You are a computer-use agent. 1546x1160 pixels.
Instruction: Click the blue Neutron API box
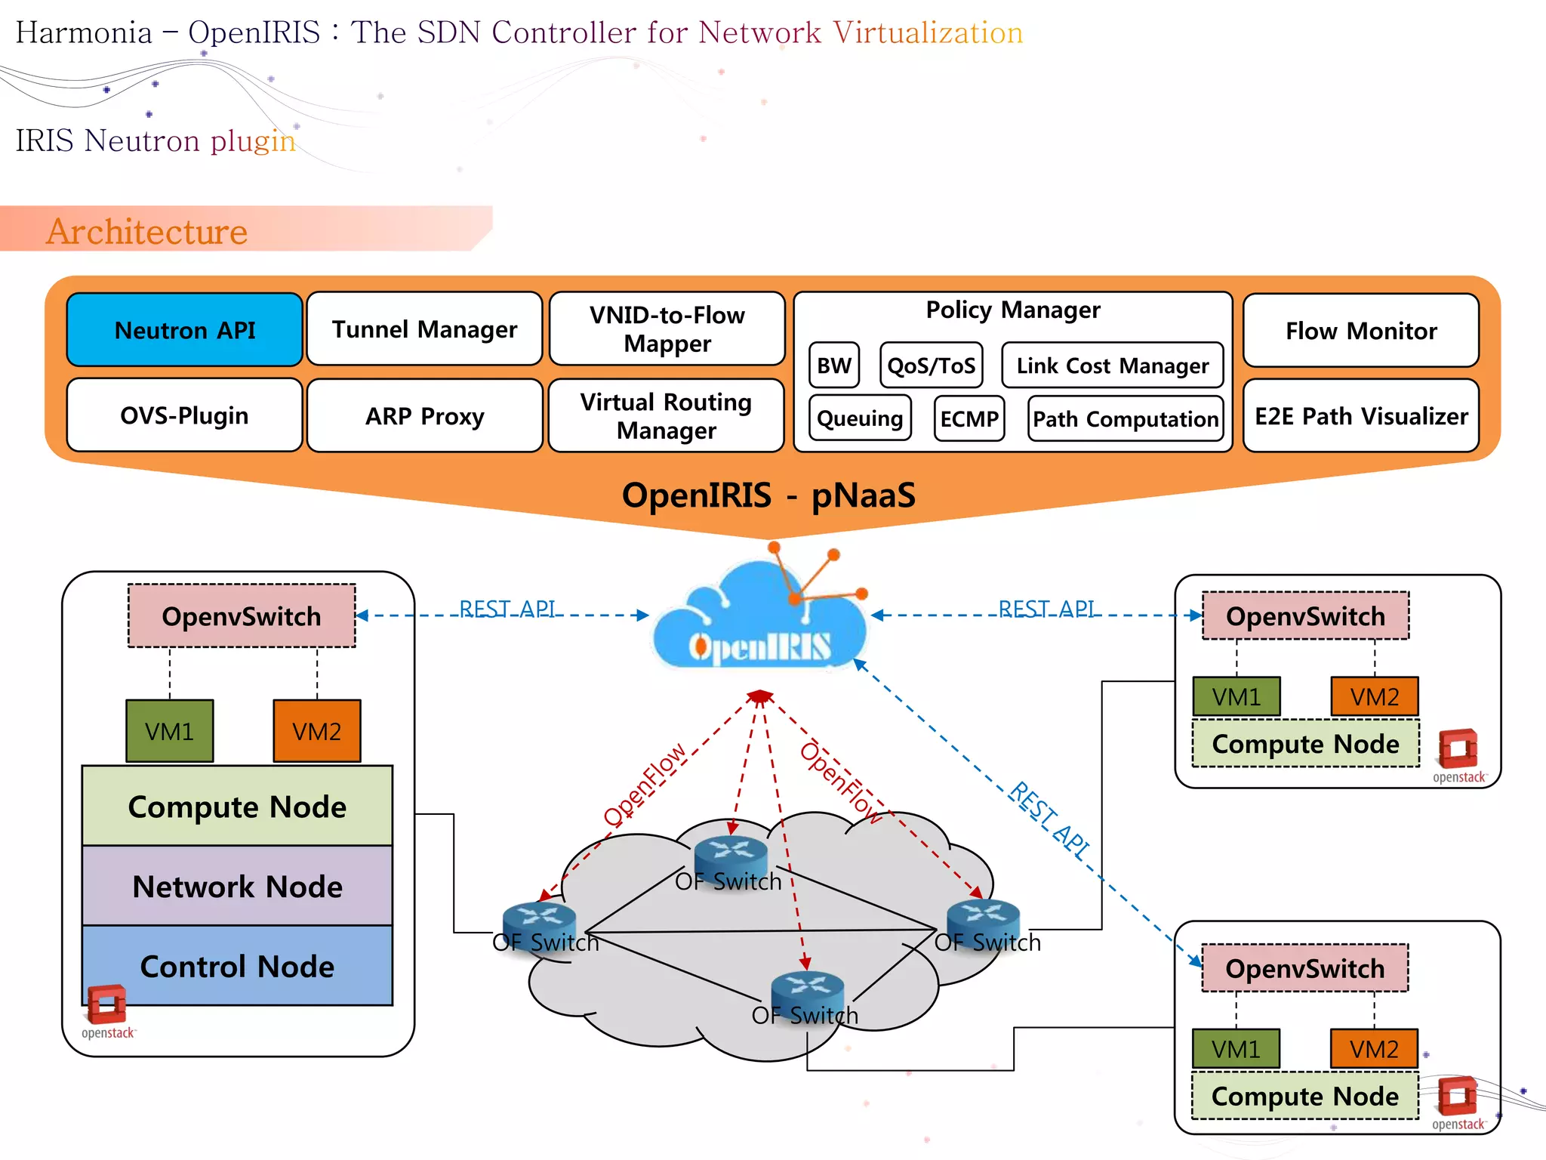pyautogui.click(x=185, y=330)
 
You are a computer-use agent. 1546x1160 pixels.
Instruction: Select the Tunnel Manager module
pyautogui.click(x=424, y=329)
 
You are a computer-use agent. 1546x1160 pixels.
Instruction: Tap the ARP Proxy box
pyautogui.click(x=424, y=416)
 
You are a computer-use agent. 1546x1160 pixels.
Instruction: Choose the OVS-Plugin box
pyautogui.click(x=185, y=415)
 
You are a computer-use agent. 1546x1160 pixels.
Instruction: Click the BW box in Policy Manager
pyautogui.click(x=833, y=366)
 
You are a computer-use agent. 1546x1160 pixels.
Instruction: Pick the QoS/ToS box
pyautogui.click(x=932, y=366)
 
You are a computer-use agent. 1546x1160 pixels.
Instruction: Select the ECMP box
pyautogui.click(x=969, y=418)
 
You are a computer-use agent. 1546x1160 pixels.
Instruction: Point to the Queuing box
pyautogui.click(x=860, y=418)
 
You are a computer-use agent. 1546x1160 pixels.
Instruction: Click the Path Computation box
pyautogui.click(x=1125, y=418)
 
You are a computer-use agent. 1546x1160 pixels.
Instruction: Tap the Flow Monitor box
pyautogui.click(x=1361, y=331)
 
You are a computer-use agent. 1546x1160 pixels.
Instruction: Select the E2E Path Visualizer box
pyautogui.click(x=1361, y=416)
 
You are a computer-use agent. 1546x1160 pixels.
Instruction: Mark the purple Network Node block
pyautogui.click(x=237, y=886)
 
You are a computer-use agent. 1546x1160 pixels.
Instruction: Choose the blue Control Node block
pyautogui.click(x=237, y=966)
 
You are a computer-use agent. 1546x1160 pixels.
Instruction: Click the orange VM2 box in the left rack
pyautogui.click(x=317, y=730)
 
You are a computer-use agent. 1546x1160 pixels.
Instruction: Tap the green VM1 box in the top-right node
pyautogui.click(x=1236, y=696)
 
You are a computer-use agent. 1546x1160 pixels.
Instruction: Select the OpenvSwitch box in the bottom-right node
pyautogui.click(x=1304, y=968)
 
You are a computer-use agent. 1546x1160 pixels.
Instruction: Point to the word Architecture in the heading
pyautogui.click(x=147, y=231)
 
